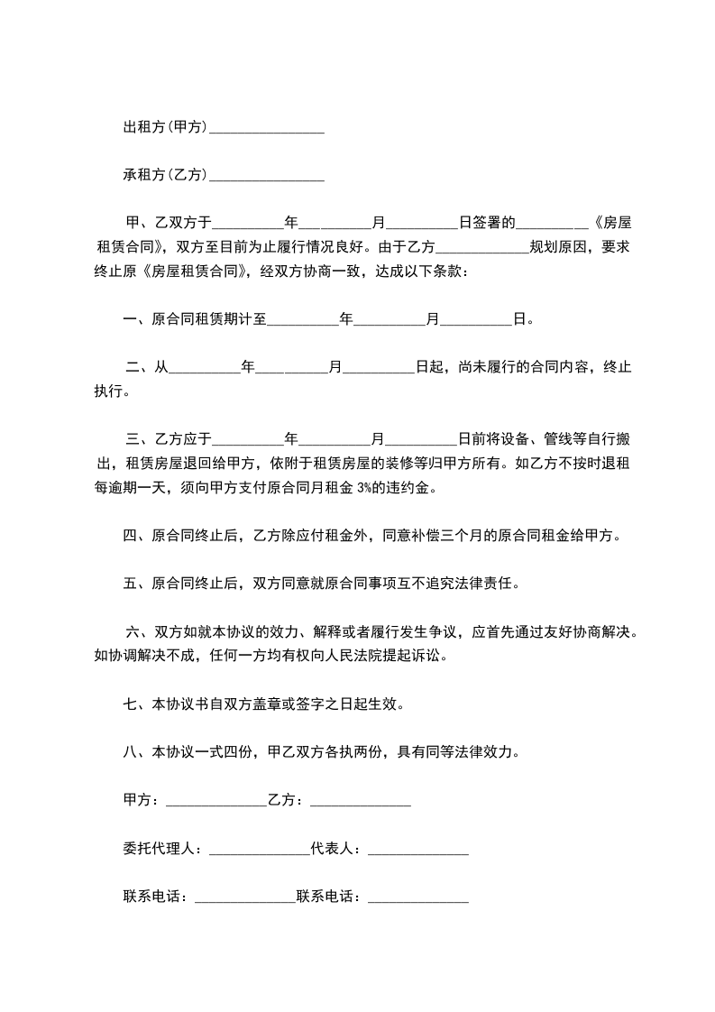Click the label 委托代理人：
[165, 848]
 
